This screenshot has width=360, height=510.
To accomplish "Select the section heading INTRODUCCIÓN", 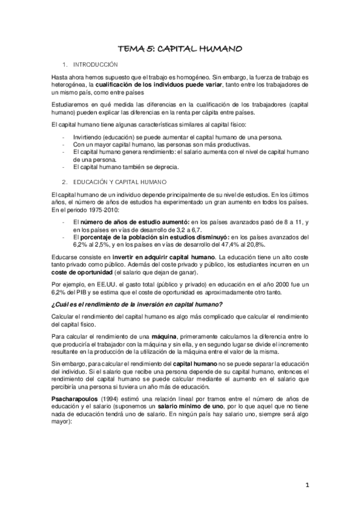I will click(x=95, y=64).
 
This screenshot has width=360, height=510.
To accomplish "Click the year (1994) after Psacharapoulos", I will click(x=112, y=398).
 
